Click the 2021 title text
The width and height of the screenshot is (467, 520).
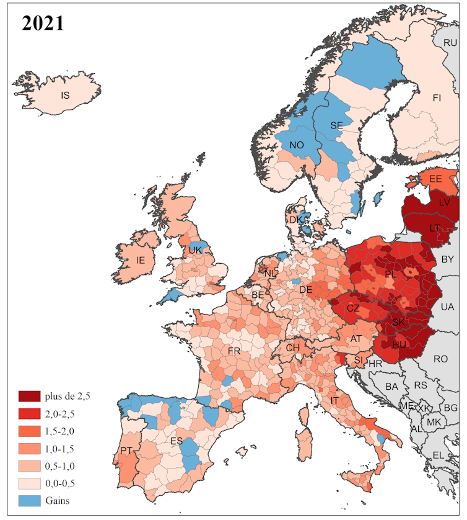click(43, 23)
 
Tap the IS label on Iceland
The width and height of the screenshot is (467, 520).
click(66, 95)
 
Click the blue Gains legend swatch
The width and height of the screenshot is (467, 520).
click(30, 500)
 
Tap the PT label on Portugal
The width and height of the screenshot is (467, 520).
click(127, 450)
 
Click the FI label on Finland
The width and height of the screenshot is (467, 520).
click(437, 98)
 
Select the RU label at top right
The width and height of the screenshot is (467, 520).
click(450, 43)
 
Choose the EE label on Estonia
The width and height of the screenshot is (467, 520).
click(435, 179)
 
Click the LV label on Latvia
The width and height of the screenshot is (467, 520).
click(444, 203)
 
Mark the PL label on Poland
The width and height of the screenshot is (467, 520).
click(390, 274)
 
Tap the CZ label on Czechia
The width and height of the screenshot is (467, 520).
click(352, 308)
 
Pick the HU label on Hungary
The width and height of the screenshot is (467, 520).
click(399, 344)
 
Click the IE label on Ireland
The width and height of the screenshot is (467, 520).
click(141, 260)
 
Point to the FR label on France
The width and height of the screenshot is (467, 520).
click(234, 351)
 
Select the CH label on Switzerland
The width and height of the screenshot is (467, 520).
click(293, 348)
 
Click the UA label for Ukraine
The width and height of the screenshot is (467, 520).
click(447, 307)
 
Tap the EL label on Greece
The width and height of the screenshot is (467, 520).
click(439, 455)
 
